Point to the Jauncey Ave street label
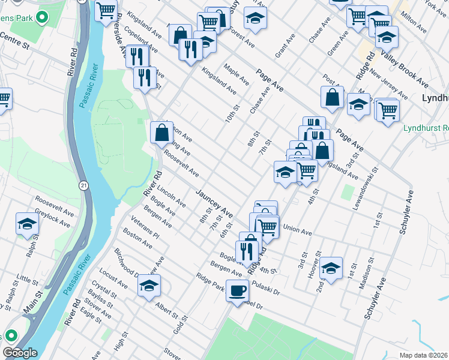click(x=214, y=202)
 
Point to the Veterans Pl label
click(x=146, y=229)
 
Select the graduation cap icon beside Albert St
click(x=149, y=286)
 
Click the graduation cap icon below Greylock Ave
click(x=28, y=224)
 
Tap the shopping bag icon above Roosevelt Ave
click(x=161, y=133)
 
